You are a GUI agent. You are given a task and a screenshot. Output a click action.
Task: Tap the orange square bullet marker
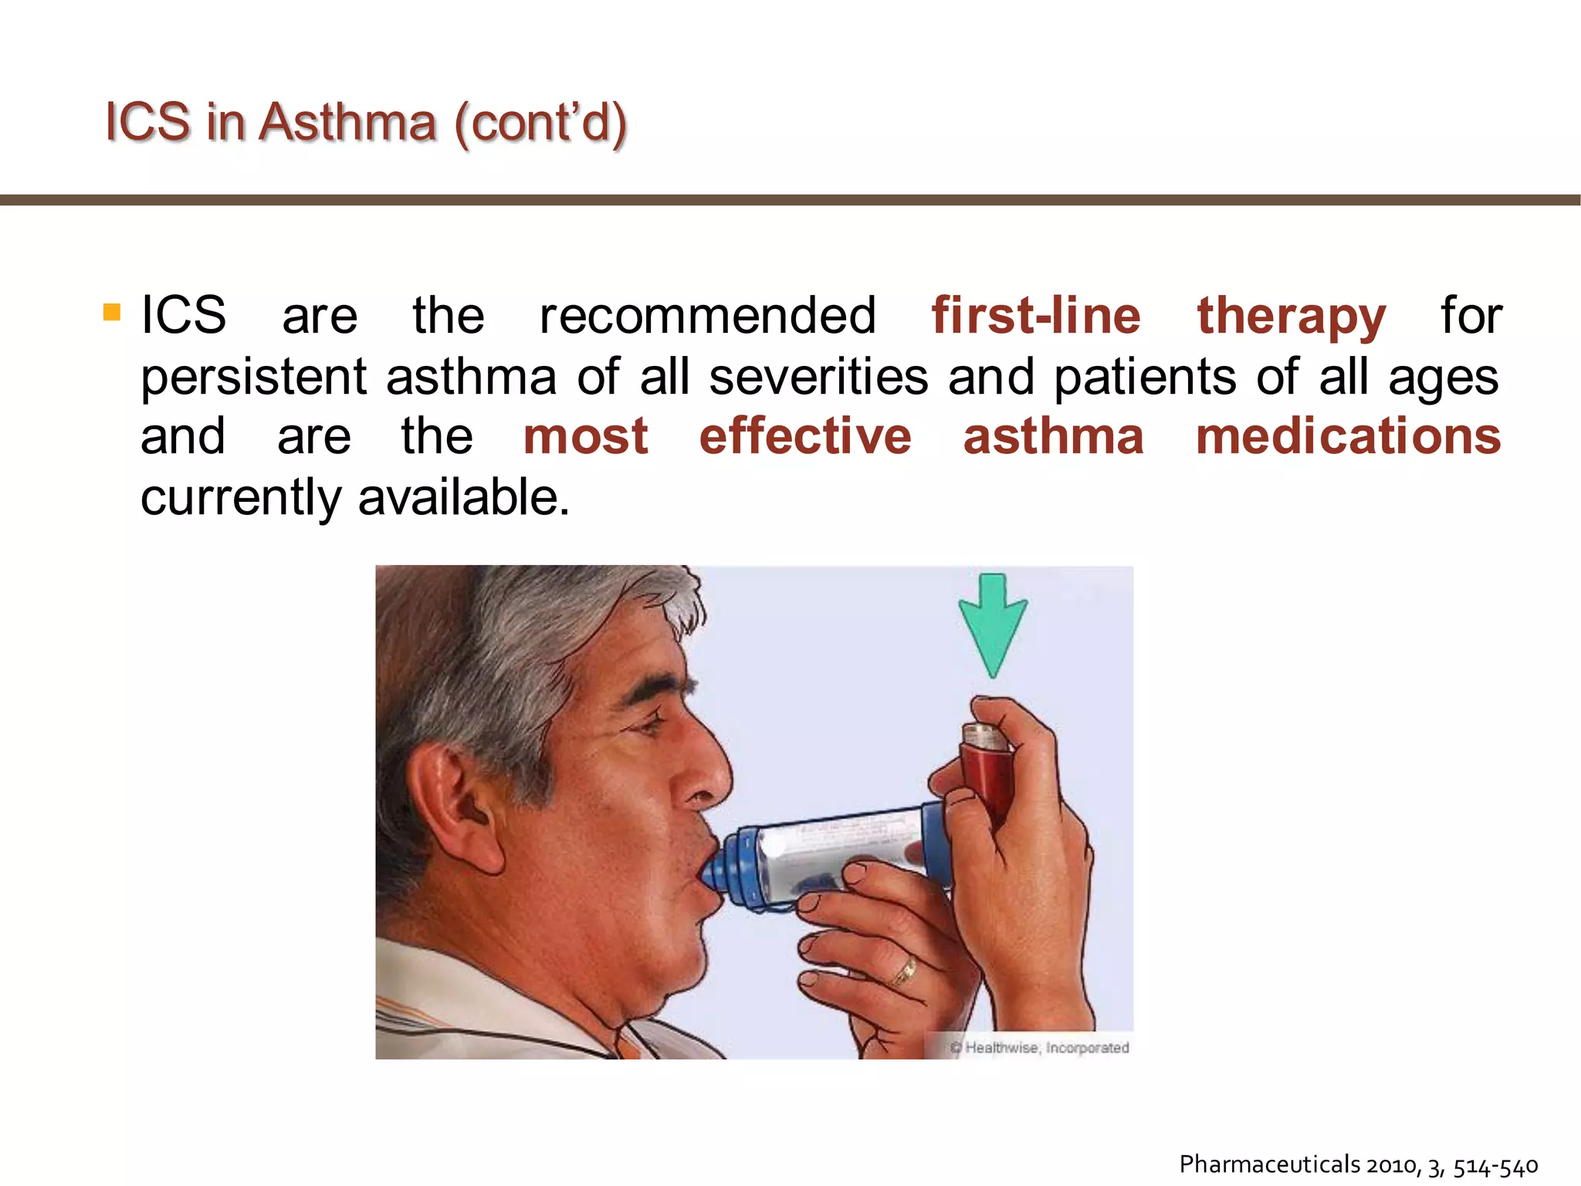[x=112, y=312]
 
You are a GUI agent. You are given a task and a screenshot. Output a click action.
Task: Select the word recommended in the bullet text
[x=707, y=316]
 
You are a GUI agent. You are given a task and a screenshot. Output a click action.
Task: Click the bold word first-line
[x=1036, y=316]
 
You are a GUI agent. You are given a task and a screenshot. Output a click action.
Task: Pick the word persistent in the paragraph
[x=253, y=378]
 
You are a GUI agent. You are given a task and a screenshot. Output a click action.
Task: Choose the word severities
[x=818, y=378]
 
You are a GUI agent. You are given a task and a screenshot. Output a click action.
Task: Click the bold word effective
[x=805, y=436]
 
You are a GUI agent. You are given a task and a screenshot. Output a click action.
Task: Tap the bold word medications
[x=1348, y=436]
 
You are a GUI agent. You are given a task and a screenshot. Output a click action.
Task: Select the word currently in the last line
[x=241, y=498]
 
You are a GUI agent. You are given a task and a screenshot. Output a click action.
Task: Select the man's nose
[x=706, y=772]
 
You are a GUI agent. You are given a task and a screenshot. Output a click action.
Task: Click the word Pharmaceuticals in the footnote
[x=1269, y=1164]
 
